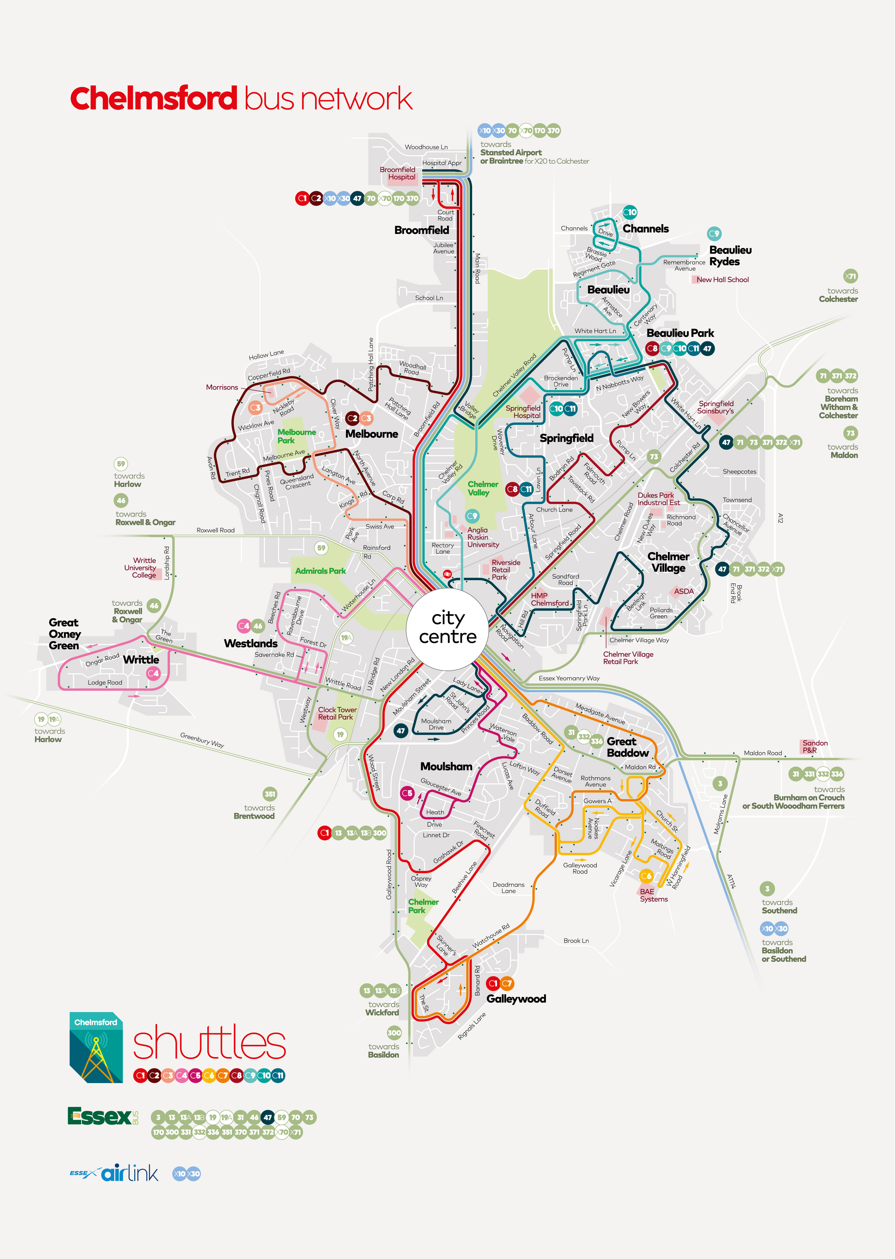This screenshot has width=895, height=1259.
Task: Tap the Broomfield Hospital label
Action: tap(398, 173)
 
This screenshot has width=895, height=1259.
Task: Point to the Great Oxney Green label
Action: tap(64, 634)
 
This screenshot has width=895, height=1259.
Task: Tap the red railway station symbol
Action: tap(448, 574)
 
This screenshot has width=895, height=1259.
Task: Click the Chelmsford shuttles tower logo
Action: tap(96, 1047)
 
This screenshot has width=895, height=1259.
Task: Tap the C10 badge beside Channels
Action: tap(629, 212)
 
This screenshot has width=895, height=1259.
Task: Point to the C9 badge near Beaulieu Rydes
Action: tap(714, 234)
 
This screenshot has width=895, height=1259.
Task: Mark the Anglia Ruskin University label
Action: tap(483, 537)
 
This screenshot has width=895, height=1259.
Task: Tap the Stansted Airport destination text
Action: tap(511, 153)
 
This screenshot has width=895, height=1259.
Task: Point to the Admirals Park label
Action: tap(320, 571)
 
